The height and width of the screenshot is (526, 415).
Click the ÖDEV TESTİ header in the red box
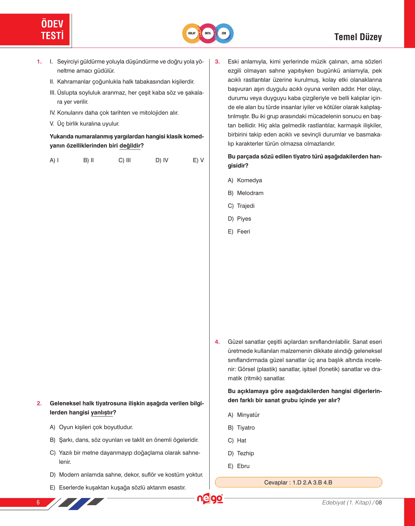pyautogui.click(x=52, y=30)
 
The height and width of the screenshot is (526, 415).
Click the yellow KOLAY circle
pyautogui.click(x=192, y=33)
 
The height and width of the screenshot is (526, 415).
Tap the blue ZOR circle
pyautogui.click(x=224, y=33)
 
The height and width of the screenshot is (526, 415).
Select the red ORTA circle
pyautogui.click(x=208, y=33)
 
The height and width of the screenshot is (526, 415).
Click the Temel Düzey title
pyautogui.click(x=358, y=37)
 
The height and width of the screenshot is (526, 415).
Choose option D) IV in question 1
pyautogui.click(x=162, y=160)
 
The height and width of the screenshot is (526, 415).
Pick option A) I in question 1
pyautogui.click(x=54, y=160)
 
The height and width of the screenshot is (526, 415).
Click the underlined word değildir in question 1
pyautogui.click(x=130, y=146)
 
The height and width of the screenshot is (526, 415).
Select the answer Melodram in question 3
pyautogui.click(x=250, y=193)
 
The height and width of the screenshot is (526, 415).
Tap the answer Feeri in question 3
pyautogui.click(x=243, y=232)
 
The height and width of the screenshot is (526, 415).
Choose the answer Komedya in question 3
pyautogui.click(x=249, y=180)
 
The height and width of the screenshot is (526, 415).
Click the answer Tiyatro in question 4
pyautogui.click(x=246, y=428)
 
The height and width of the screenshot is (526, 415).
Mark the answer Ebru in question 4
pyautogui.click(x=243, y=466)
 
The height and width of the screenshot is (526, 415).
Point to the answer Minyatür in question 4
pyautogui.click(x=248, y=415)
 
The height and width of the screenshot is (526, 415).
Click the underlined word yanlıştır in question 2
pyautogui.click(x=102, y=413)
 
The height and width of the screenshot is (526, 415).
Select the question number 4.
pyautogui.click(x=217, y=342)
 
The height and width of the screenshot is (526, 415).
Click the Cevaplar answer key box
pyautogui.click(x=298, y=482)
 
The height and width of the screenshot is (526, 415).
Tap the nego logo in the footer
pyautogui.click(x=210, y=499)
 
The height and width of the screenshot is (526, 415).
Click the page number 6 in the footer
pyautogui.click(x=38, y=502)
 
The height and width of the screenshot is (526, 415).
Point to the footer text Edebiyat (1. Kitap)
pyautogui.click(x=346, y=503)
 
